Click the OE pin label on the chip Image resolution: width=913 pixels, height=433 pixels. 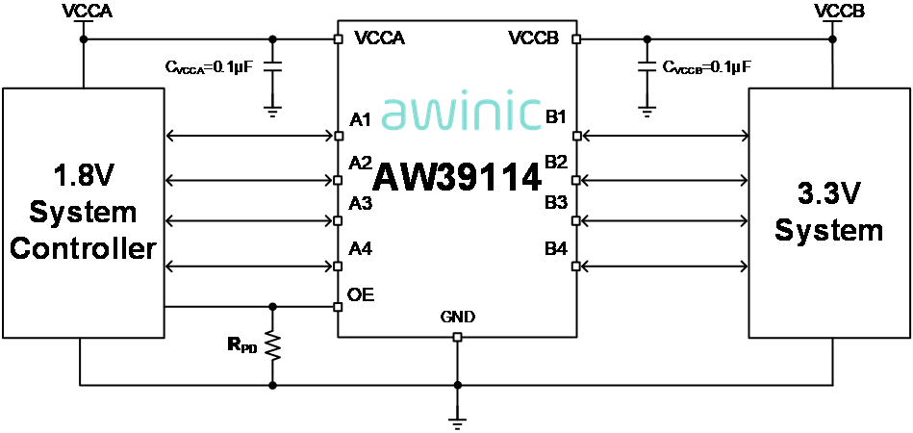tap(361, 294)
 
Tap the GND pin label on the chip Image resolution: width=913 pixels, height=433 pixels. tap(457, 317)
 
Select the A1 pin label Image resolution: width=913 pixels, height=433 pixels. tap(361, 120)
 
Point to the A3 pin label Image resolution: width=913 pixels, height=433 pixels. tap(361, 203)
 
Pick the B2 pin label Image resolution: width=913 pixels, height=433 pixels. tap(556, 162)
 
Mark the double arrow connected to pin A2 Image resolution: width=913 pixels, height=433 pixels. tap(250, 180)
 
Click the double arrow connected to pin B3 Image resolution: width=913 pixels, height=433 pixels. tap(663, 221)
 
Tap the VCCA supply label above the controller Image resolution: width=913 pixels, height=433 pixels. tap(85, 12)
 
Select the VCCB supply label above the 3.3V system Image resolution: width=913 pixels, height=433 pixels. tap(832, 12)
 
